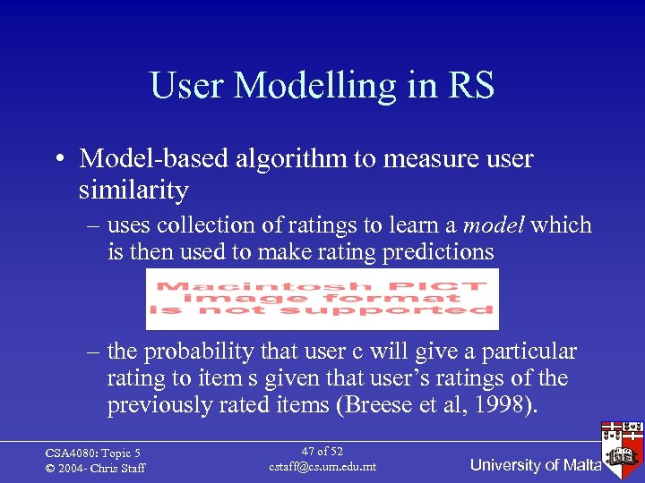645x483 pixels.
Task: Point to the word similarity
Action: coord(133,191)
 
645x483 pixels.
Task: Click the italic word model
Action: coord(494,225)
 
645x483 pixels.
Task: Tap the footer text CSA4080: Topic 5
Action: coord(93,453)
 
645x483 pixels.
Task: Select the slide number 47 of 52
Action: coord(322,452)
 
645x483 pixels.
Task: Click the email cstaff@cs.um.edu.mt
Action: coord(322,467)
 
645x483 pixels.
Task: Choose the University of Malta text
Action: coord(535,465)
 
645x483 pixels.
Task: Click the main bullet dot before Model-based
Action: coord(56,160)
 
